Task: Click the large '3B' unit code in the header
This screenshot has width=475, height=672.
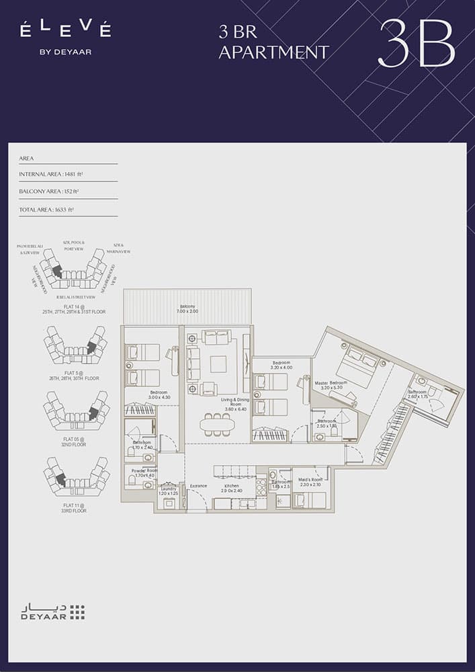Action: (x=417, y=43)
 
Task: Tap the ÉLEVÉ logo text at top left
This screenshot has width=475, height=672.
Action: (x=65, y=30)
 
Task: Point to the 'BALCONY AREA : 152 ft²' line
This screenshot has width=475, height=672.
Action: (x=49, y=192)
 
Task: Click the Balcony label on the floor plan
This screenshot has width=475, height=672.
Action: (x=187, y=308)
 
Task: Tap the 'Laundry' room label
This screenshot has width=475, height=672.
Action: (x=168, y=491)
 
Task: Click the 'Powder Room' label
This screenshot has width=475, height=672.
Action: (x=142, y=472)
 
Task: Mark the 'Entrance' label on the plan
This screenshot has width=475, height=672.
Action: (x=198, y=485)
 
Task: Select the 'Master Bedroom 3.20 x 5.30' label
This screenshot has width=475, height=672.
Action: (x=331, y=385)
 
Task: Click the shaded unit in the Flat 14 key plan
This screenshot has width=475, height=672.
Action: (x=58, y=271)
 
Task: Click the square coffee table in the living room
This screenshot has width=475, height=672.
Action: (x=218, y=364)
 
